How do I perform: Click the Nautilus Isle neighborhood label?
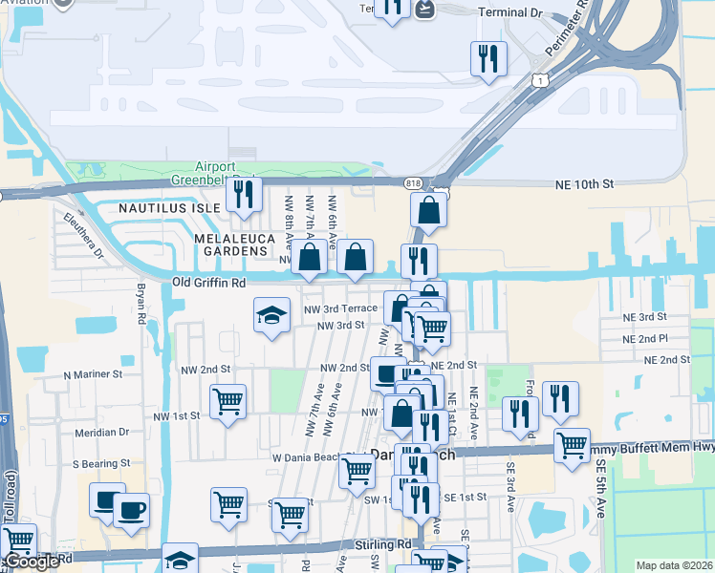[168, 207]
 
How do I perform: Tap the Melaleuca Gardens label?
[230, 244]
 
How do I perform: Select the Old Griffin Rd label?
[208, 283]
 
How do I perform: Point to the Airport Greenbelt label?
[215, 173]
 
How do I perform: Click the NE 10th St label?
[584, 185]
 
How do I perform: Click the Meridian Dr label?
[102, 432]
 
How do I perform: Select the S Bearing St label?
[100, 463]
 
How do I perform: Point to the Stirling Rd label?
[386, 544]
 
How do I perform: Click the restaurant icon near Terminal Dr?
[488, 58]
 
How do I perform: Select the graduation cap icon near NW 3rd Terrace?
[271, 314]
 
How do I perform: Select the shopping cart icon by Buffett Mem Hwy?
[572, 445]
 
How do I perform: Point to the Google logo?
[32, 562]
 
